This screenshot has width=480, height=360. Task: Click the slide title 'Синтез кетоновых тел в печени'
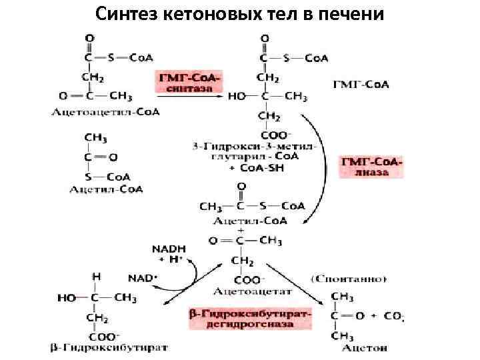point(240,13)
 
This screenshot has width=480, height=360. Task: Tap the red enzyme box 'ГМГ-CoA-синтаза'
point(187,83)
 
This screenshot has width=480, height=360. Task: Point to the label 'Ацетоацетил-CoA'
point(106,111)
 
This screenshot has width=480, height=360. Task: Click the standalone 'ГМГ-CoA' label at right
point(360,85)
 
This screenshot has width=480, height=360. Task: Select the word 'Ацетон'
point(363,348)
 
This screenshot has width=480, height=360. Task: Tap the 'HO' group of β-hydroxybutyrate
point(67,299)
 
